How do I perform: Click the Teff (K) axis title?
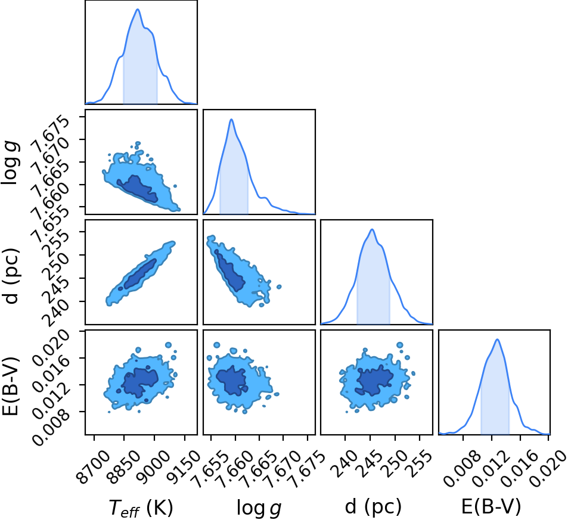coord(141,507)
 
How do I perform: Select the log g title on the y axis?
coord(10,164)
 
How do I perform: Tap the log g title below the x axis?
coord(259,508)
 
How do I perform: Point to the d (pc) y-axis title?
coord(11,276)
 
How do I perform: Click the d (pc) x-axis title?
coord(373,506)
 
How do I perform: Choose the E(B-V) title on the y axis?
coord(10,387)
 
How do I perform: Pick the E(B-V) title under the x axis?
coord(491,506)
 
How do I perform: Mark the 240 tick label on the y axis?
coord(56,312)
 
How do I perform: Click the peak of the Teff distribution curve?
coord(138,9)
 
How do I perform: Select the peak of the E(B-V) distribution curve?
coord(497,340)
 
